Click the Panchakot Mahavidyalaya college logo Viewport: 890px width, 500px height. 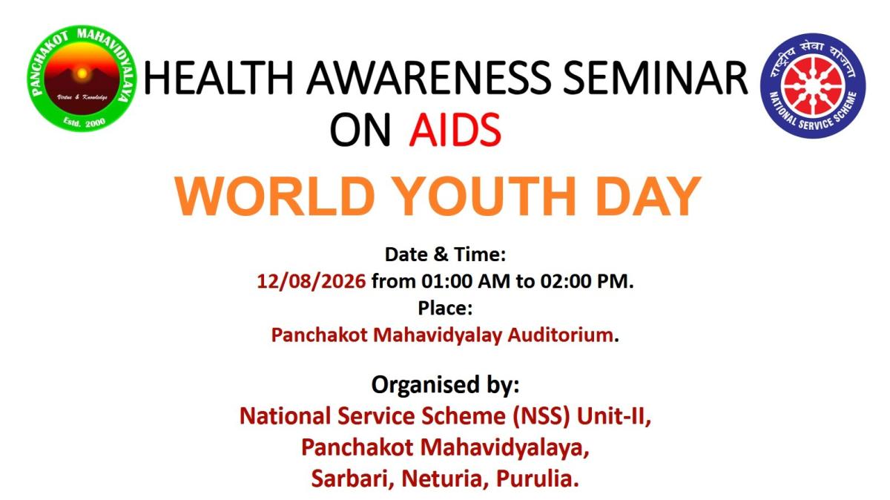pos(82,79)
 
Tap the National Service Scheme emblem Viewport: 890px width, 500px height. pos(813,86)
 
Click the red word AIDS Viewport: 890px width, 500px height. pos(455,130)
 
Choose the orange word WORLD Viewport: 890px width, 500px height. pos(274,196)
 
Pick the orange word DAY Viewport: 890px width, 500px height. pos(648,196)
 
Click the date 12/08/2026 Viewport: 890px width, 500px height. pos(311,281)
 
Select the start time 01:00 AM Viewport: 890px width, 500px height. pos(466,281)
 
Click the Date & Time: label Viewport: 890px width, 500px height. pos(445,254)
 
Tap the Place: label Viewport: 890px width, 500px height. pos(445,308)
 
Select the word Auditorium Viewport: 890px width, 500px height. pos(560,335)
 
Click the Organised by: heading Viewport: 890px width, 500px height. pos(445,385)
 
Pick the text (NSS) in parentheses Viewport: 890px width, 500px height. pos(541,416)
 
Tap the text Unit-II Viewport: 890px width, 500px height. pos(614,416)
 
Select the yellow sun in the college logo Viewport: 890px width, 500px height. pos(82,73)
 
